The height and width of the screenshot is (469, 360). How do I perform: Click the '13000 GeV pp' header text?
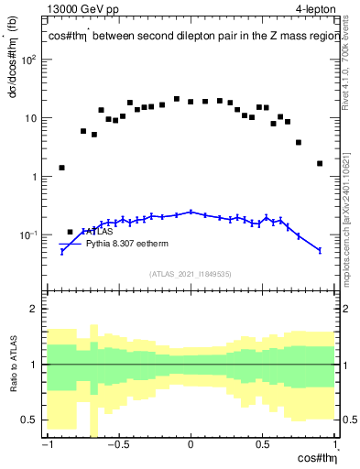pyautogui.click(x=80, y=9)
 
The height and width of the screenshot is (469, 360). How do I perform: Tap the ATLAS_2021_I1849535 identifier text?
pyautogui.click(x=191, y=274)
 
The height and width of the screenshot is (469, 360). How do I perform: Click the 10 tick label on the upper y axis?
pyautogui.click(x=31, y=118)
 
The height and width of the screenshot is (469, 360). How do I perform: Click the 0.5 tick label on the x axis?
pyautogui.click(x=263, y=446)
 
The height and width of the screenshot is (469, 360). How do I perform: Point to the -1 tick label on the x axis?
pyautogui.click(x=46, y=446)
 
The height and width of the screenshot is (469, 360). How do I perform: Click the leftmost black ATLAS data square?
pyautogui.click(x=61, y=168)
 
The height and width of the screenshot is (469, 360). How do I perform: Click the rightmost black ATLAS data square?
pyautogui.click(x=320, y=164)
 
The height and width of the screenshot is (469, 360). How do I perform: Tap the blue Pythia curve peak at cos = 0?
pyautogui.click(x=191, y=212)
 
